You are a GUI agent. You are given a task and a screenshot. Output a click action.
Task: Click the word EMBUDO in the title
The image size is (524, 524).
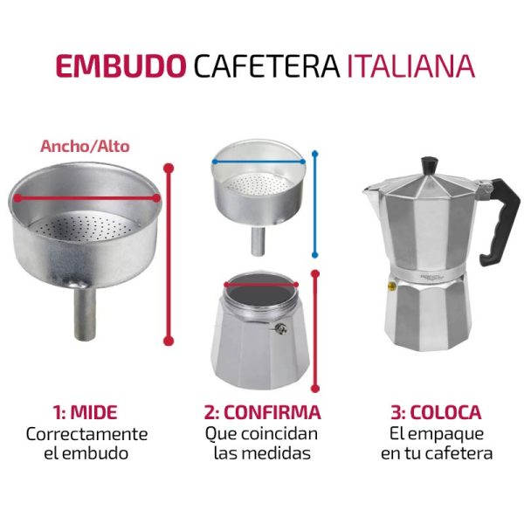(x=121, y=65)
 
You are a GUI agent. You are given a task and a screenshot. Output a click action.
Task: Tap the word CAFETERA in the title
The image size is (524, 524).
(x=266, y=65)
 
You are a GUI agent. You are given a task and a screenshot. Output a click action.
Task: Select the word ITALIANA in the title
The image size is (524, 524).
(x=410, y=65)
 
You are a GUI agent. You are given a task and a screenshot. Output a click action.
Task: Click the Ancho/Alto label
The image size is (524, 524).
(x=85, y=147)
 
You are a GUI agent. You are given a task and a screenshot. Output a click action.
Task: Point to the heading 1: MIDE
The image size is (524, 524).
(x=86, y=412)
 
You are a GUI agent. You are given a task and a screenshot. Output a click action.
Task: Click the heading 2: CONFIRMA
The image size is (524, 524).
(x=262, y=412)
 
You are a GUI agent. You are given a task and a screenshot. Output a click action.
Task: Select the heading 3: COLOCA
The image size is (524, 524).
(x=436, y=412)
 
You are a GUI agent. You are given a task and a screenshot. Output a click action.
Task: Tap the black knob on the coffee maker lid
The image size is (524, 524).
(x=430, y=165)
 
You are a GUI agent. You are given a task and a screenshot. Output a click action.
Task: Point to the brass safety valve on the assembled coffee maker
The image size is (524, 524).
(x=390, y=286)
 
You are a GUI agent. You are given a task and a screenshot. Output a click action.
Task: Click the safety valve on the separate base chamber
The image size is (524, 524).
(x=280, y=328)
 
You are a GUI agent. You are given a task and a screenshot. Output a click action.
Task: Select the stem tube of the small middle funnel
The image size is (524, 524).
(x=258, y=241)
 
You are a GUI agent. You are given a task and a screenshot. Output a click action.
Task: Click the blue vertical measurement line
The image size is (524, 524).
(x=314, y=204)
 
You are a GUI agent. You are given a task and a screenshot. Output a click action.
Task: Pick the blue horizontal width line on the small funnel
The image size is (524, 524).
(x=258, y=162)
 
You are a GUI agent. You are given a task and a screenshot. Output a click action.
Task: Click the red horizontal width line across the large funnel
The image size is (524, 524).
(x=86, y=198)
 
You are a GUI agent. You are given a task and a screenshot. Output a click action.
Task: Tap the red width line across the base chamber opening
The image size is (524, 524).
(x=260, y=285)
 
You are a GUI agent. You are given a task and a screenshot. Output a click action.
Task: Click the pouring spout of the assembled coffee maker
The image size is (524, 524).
(x=370, y=191)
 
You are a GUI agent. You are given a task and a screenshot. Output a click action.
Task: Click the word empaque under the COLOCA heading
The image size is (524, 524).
(x=445, y=434)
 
